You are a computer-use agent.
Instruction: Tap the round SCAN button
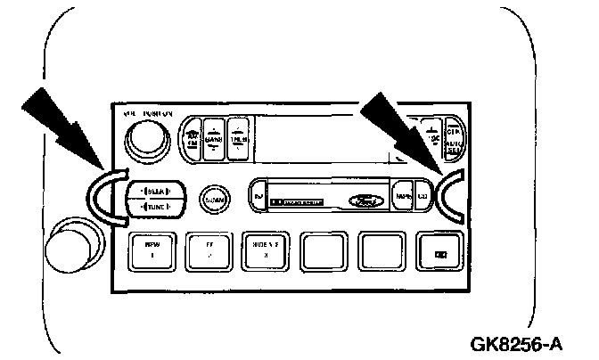point(212,198)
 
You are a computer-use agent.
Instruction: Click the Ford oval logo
point(371,194)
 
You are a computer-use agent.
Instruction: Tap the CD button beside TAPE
point(423,194)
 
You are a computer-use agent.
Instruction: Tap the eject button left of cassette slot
point(258,194)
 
